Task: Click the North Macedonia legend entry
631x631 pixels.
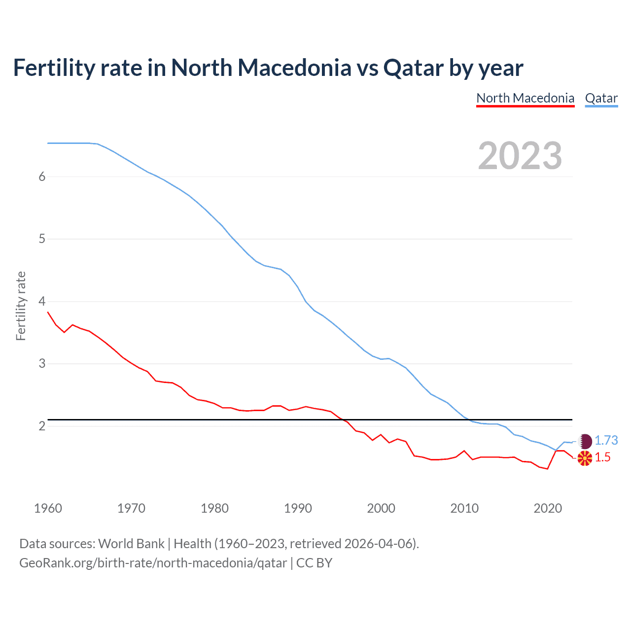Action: coord(525,98)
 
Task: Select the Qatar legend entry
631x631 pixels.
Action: coord(601,98)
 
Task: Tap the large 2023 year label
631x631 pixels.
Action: coord(520,156)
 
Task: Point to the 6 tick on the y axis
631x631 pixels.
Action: coord(42,176)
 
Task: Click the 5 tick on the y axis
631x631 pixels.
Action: coord(42,239)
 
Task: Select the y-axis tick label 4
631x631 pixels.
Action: coord(42,301)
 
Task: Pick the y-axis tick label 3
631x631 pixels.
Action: coord(42,364)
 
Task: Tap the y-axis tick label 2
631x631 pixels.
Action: coord(42,426)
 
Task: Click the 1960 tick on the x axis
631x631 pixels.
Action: coord(48,508)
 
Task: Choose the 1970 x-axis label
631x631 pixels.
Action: coord(131,508)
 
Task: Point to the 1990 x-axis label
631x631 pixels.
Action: coord(298,508)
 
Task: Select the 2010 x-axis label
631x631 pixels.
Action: coord(464,508)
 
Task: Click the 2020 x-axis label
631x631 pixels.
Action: coord(548,508)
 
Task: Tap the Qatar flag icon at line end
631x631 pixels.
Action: coord(585,441)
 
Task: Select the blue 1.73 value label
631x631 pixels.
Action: coord(606,440)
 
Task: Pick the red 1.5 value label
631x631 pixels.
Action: coord(602,457)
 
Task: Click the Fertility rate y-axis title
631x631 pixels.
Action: coord(21,306)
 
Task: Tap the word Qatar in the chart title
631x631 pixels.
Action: coord(413,68)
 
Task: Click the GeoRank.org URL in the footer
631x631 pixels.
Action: coord(153,562)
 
